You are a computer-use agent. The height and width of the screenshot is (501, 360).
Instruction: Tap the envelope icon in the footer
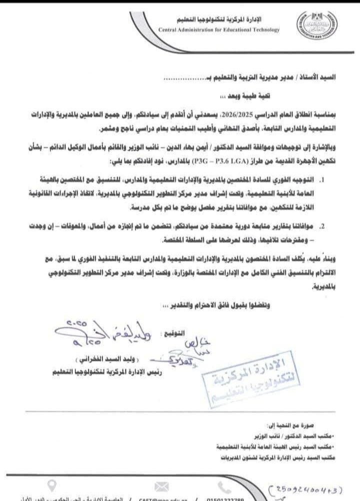tap(161, 486)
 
